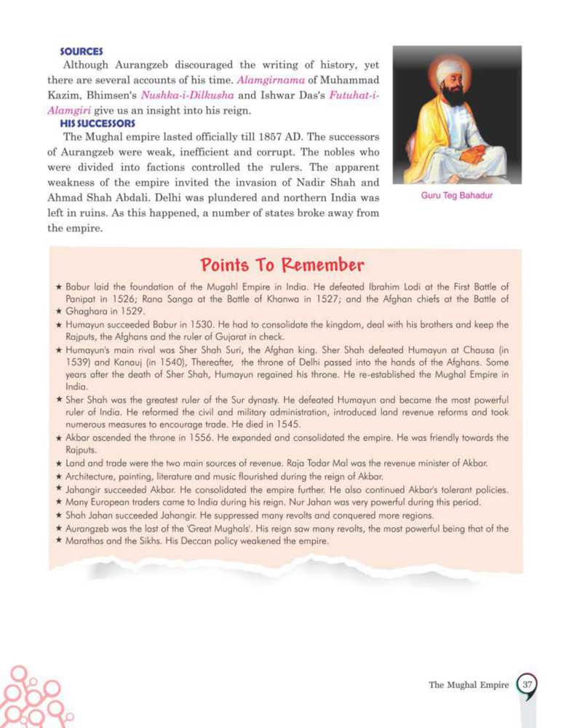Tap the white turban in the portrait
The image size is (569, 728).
450,71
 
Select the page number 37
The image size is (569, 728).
528,684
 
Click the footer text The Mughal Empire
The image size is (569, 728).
469,685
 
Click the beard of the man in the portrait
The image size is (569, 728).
453,97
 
